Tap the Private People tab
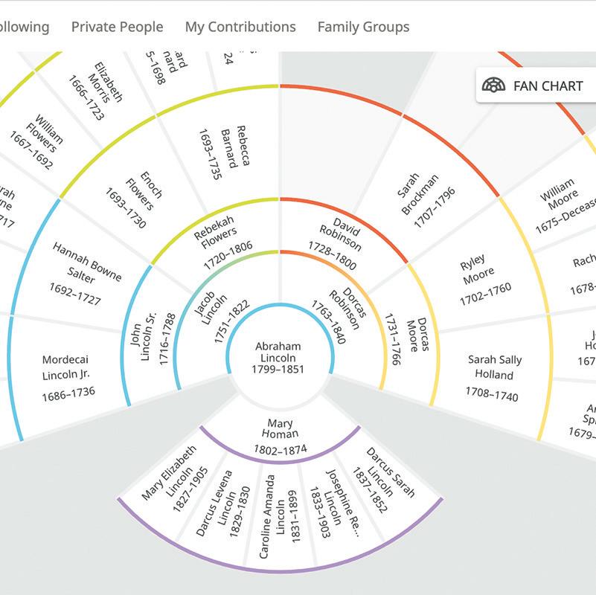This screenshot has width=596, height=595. (x=117, y=27)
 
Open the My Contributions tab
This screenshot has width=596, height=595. (x=240, y=27)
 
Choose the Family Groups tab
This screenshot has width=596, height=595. (x=363, y=27)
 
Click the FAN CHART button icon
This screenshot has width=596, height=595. (x=493, y=86)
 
